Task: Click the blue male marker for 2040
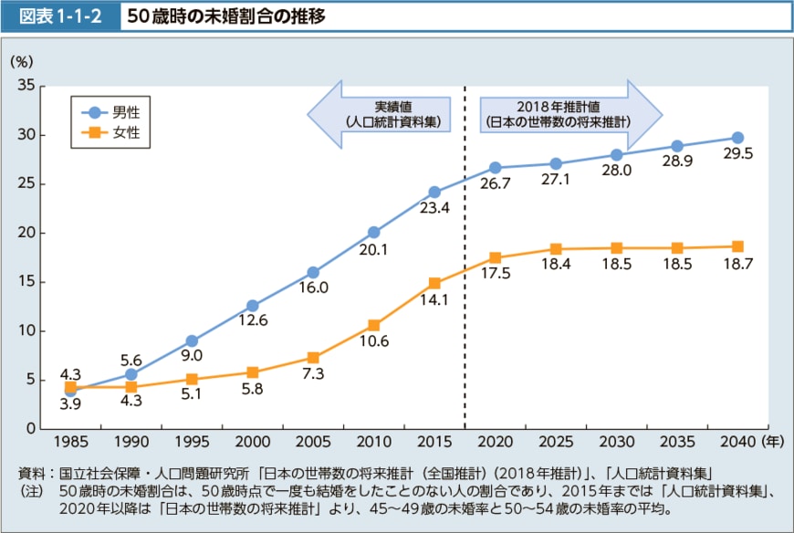(x=737, y=138)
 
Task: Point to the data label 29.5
(x=737, y=154)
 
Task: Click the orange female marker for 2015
(x=434, y=283)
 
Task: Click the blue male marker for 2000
(x=253, y=306)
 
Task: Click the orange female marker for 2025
(x=556, y=249)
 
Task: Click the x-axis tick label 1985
(x=70, y=442)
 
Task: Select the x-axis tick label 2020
(x=495, y=442)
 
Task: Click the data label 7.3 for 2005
(x=313, y=374)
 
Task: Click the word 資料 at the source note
(x=30, y=473)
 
